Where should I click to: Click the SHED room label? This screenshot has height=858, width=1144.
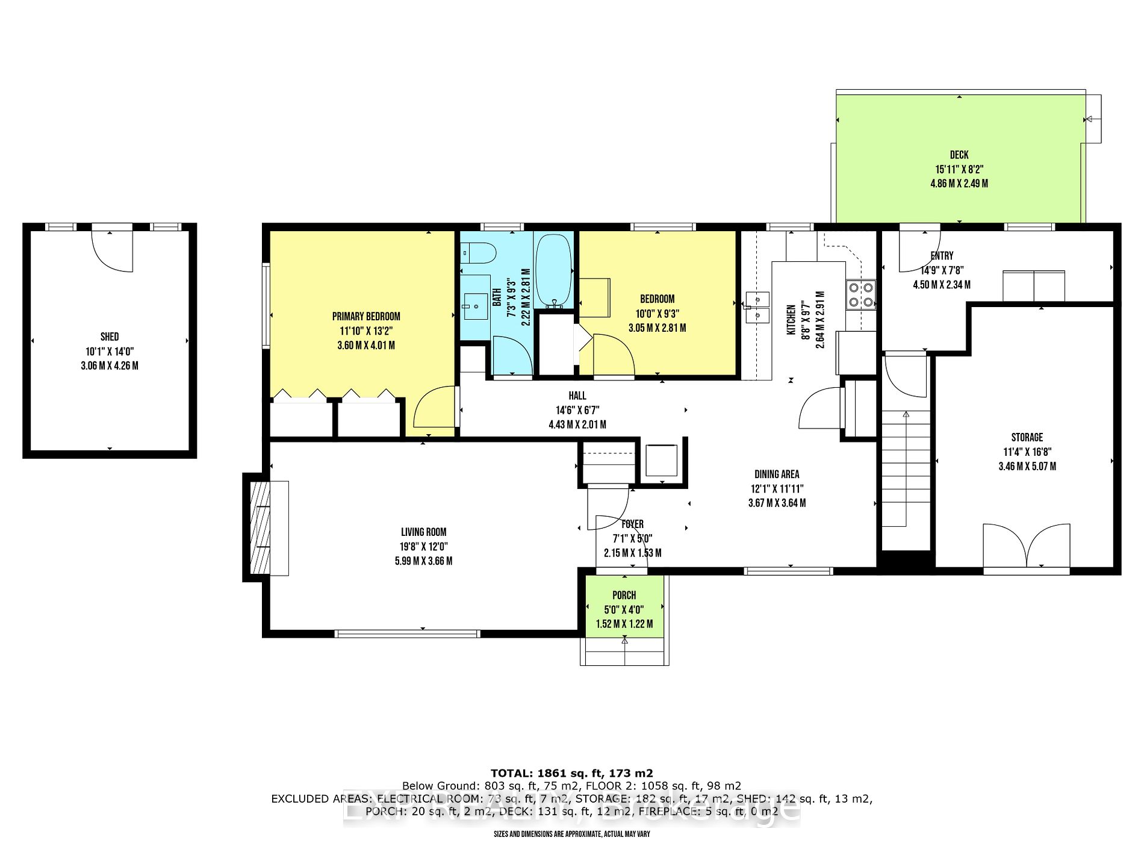(110, 337)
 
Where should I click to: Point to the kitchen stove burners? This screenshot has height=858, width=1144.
(860, 294)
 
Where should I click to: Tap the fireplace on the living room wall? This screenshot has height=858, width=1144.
(261, 527)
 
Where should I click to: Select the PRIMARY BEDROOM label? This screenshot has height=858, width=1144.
(366, 316)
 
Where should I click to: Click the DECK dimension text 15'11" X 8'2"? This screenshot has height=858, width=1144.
(959, 169)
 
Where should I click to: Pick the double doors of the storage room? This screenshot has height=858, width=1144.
(1027, 547)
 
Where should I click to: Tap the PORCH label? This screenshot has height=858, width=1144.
(624, 595)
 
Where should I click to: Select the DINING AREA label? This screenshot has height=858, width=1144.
(777, 474)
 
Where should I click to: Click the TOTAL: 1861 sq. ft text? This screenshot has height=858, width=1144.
(571, 773)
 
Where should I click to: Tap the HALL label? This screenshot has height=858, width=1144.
(577, 396)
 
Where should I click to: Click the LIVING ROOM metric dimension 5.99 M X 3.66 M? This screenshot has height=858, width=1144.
(423, 561)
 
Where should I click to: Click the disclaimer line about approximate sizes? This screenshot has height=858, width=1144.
(571, 834)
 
